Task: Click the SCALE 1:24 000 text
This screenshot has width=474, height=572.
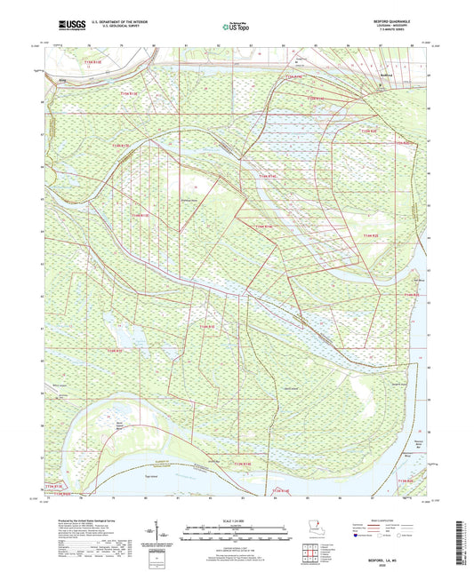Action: [237, 520]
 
